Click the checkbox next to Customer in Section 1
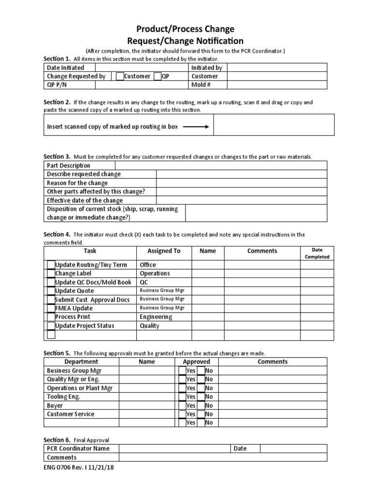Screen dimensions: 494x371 coord(120,76)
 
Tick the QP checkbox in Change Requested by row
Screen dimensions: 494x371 coord(157,76)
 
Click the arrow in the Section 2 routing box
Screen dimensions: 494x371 coord(195,127)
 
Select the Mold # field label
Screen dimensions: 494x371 coord(201,85)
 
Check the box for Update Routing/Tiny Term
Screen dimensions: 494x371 coord(51,265)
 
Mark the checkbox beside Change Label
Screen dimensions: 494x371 coord(51,274)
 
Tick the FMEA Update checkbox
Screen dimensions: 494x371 coord(51,308)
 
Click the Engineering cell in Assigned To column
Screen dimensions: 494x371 coord(156,317)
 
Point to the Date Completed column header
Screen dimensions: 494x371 coord(317,253)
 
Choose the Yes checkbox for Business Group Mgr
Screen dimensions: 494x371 coord(182,371)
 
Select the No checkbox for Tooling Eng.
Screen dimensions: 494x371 coord(201,397)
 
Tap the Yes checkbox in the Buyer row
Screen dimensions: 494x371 coord(182,406)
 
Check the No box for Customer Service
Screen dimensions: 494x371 coord(201,414)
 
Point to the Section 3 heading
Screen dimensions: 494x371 coord(57,157)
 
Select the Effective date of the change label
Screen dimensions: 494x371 coord(85,200)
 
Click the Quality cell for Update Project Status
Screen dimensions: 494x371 coord(149,326)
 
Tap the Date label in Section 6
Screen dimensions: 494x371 coord(240,449)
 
